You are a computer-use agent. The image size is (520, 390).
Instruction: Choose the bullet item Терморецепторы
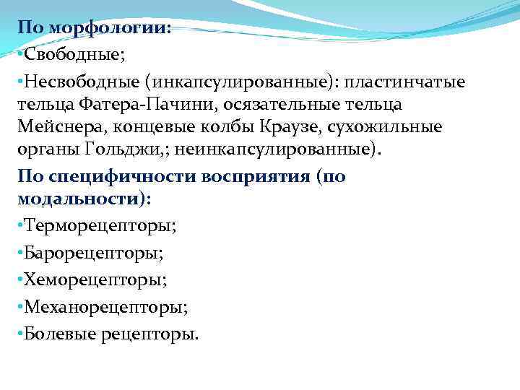[99, 225]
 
